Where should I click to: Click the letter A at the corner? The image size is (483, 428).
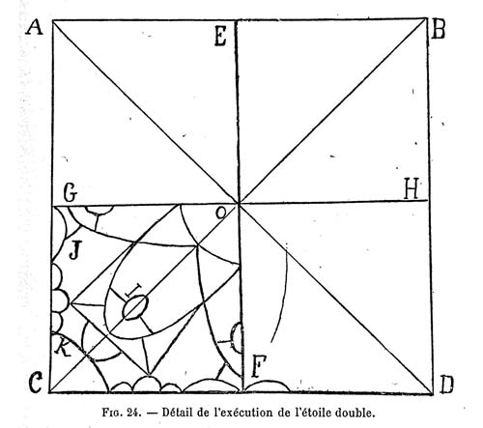35,27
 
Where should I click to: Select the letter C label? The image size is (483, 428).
36,383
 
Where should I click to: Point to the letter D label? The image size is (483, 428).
446,385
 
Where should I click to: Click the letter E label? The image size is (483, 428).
220,37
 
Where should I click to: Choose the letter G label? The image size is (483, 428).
71,193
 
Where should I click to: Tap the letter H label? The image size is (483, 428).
412,188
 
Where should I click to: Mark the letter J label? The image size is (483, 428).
74,250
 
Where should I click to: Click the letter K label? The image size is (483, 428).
63,349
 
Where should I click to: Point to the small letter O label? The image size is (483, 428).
220,214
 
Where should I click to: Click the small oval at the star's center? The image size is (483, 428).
136,307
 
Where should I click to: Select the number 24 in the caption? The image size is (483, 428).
134,413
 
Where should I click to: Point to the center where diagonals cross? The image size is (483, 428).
239,203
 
